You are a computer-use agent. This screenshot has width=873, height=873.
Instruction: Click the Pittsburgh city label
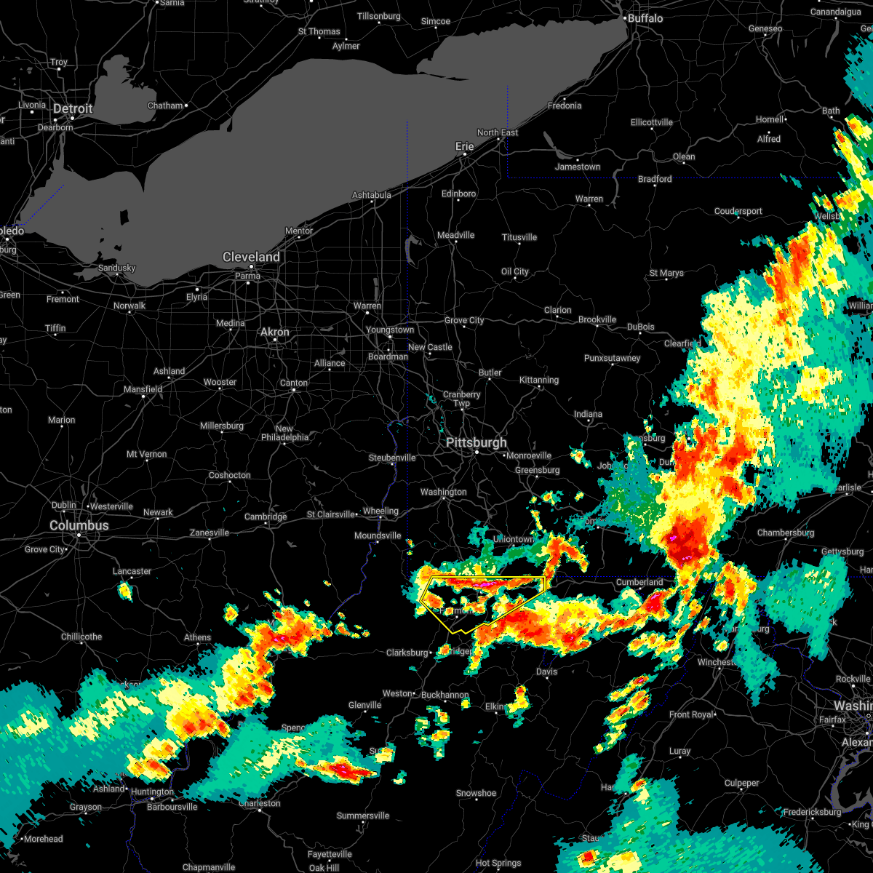click(x=477, y=442)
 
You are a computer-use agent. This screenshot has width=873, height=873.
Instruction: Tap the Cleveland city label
click(x=251, y=257)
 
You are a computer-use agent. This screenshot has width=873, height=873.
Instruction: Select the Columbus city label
click(x=79, y=525)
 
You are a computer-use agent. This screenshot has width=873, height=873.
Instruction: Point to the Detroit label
click(x=73, y=109)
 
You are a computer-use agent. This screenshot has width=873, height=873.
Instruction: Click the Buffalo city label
click(x=645, y=18)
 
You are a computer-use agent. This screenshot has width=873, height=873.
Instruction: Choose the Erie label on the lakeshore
click(x=464, y=146)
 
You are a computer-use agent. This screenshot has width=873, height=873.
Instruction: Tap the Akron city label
click(x=275, y=332)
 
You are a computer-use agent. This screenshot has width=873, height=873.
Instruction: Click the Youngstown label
click(x=390, y=330)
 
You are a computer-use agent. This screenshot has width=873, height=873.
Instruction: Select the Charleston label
click(x=260, y=803)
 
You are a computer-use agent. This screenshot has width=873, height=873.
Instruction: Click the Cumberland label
click(x=639, y=582)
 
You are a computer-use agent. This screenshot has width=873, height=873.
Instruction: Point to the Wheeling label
click(x=381, y=511)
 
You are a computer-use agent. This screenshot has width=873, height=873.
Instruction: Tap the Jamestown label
click(x=578, y=167)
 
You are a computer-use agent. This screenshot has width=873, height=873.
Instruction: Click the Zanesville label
click(x=210, y=533)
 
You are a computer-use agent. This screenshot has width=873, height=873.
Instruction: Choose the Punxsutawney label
click(x=612, y=358)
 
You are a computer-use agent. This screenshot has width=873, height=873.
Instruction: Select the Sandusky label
click(x=116, y=268)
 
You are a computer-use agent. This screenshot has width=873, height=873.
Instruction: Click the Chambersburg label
click(x=786, y=533)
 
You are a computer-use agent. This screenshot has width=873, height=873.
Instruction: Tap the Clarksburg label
click(x=407, y=653)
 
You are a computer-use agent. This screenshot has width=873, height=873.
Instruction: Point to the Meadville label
click(x=455, y=235)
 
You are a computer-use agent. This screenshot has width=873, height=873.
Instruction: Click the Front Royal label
click(x=692, y=714)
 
